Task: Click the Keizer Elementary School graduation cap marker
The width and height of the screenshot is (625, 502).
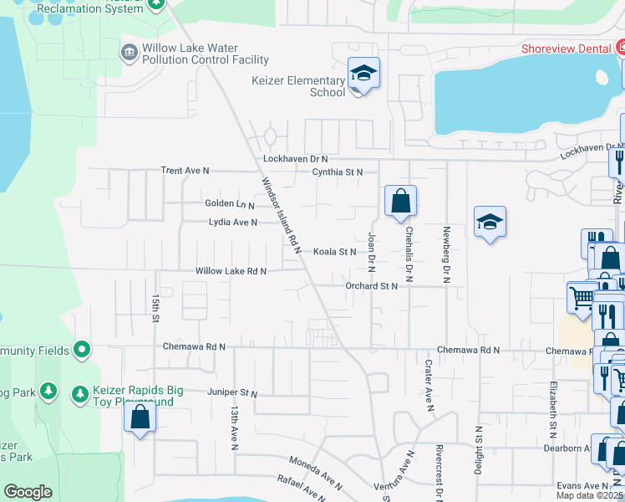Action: point(363,74)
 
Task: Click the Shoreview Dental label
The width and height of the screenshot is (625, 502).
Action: point(566,49)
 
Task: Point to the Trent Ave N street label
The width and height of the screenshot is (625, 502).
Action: point(185,171)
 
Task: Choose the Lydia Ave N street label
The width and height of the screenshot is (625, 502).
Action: point(232,223)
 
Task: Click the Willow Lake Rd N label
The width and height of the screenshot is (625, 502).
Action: point(231,271)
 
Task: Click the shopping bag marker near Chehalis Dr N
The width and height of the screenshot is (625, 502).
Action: point(400,201)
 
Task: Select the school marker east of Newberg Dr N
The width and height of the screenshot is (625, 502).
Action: point(490,222)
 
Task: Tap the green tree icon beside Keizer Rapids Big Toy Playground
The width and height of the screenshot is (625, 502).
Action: point(80,392)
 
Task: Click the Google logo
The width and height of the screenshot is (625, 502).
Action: point(28,492)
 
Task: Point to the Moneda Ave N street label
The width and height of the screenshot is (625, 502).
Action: point(316,473)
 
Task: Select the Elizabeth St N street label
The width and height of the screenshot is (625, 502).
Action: point(553,410)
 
